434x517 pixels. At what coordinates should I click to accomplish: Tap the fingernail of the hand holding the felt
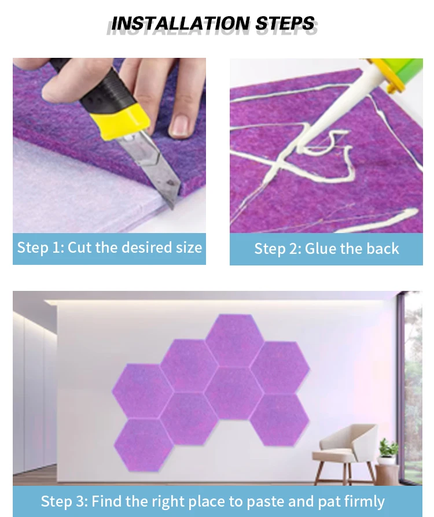click(x=180, y=124)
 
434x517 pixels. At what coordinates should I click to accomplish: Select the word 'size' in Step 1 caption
click(x=188, y=248)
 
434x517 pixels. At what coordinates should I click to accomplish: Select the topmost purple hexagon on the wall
click(x=234, y=340)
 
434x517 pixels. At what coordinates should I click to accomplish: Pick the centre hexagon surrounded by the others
click(x=234, y=393)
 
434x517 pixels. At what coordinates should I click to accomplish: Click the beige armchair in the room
click(x=347, y=451)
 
